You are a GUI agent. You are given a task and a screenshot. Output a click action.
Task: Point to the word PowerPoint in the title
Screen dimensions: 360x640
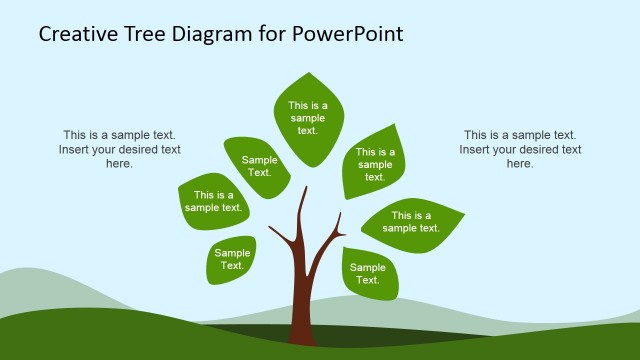349,34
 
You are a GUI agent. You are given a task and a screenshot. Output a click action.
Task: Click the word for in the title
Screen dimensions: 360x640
275,34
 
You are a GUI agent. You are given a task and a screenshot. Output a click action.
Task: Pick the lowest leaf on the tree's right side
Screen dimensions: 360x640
368,273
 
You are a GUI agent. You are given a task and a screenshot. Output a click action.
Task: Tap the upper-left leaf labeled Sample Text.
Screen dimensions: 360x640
259,166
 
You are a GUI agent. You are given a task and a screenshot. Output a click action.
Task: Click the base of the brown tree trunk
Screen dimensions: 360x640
303,335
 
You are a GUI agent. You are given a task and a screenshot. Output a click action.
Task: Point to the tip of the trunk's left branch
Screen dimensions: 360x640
270,228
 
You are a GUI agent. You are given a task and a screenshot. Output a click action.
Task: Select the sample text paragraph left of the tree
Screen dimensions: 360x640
119,149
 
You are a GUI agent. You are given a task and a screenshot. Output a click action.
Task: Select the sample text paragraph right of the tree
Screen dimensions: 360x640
520,149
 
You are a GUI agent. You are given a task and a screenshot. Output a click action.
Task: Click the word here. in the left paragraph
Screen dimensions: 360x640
119,164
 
